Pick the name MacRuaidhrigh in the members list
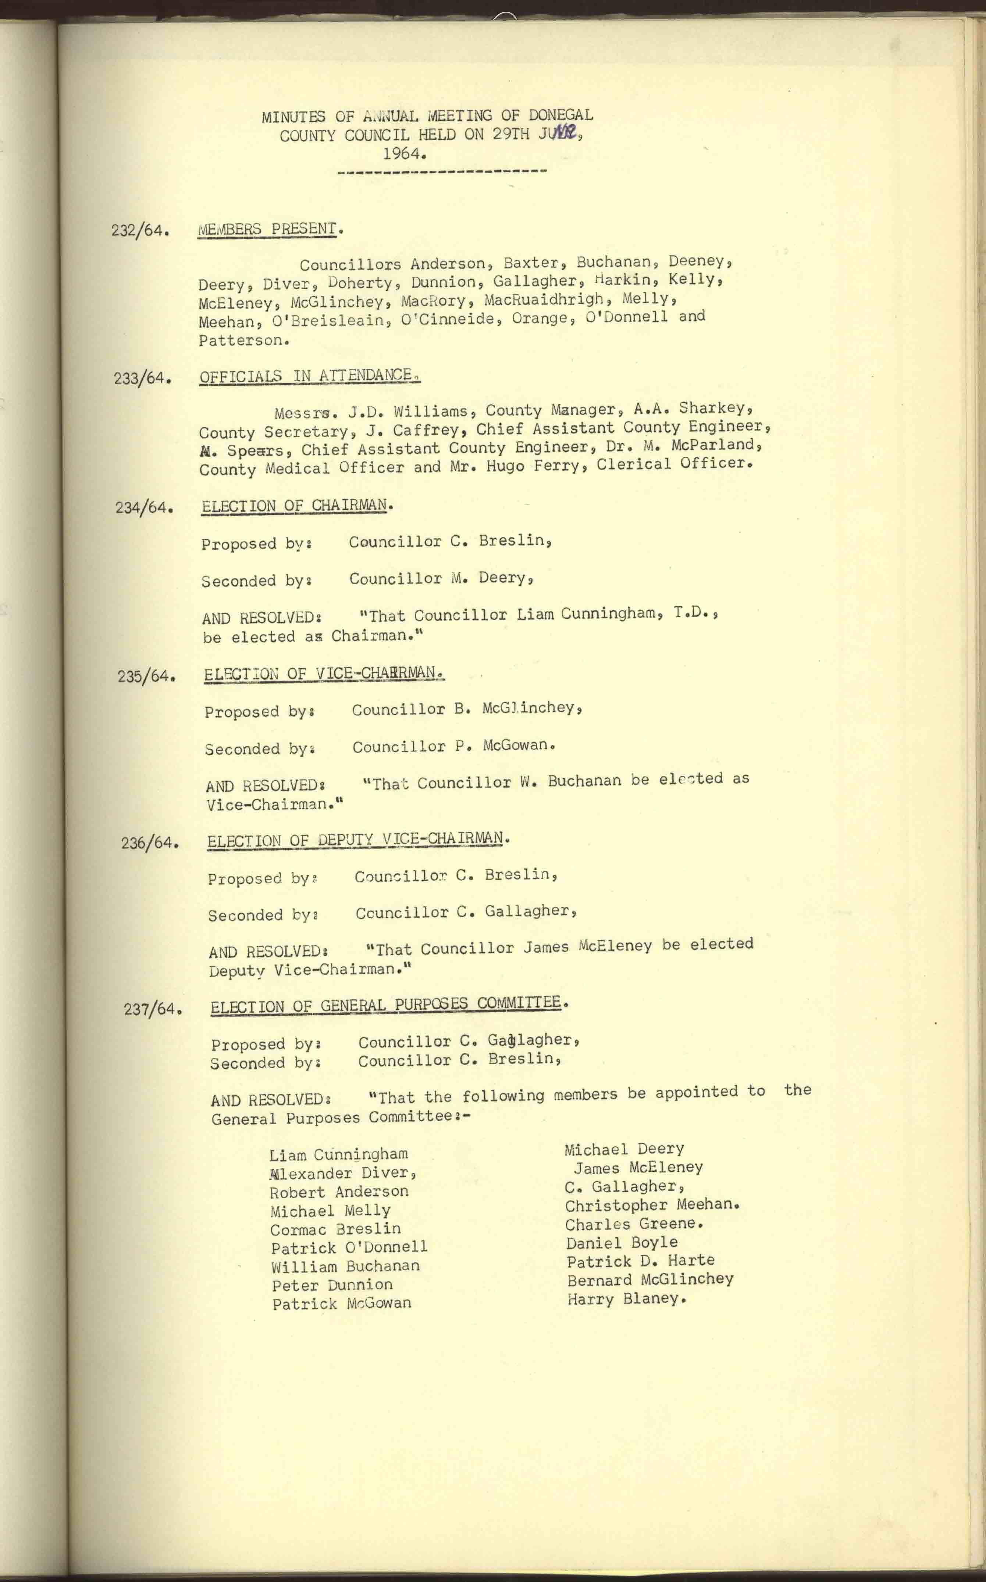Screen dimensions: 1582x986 (x=544, y=300)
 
